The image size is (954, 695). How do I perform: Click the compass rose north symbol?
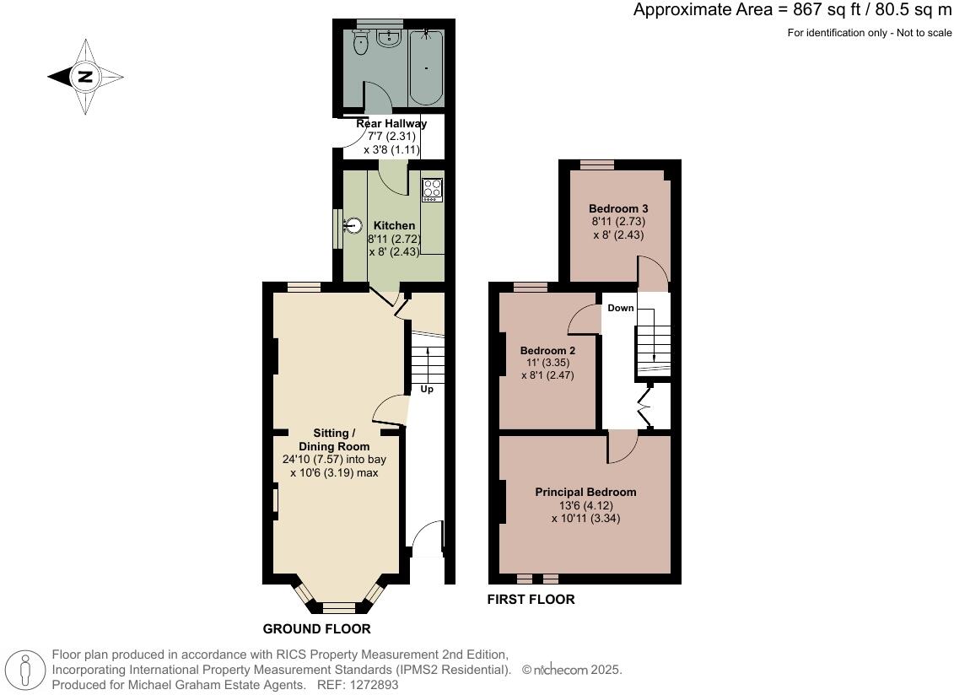pyautogui.click(x=85, y=77)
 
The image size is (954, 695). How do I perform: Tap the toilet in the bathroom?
pyautogui.click(x=361, y=44)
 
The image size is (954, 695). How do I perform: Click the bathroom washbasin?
pyautogui.click(x=391, y=39)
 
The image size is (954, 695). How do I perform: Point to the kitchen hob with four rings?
pyautogui.click(x=432, y=190)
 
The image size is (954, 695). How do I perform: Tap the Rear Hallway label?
pyautogui.click(x=391, y=123)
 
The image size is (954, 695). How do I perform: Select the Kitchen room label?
pyautogui.click(x=394, y=225)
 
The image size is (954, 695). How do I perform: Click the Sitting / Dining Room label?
pyautogui.click(x=334, y=439)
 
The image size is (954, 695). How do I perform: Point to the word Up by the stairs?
pyautogui.click(x=427, y=390)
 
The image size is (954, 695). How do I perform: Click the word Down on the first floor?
pyautogui.click(x=621, y=308)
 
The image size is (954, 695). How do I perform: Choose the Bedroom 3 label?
pyautogui.click(x=618, y=207)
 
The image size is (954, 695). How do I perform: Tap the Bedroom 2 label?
pyautogui.click(x=547, y=351)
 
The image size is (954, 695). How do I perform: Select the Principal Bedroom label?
pyautogui.click(x=585, y=492)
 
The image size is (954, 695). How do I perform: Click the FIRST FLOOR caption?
pyautogui.click(x=531, y=600)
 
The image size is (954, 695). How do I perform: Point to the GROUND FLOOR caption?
pyautogui.click(x=316, y=628)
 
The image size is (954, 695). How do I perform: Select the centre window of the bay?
pyautogui.click(x=338, y=606)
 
